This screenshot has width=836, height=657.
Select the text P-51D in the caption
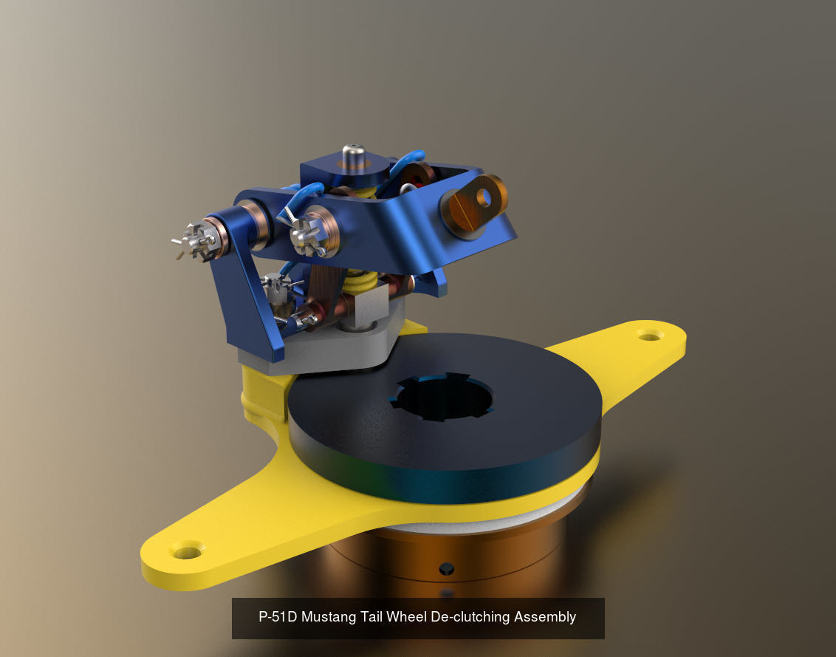[277, 616]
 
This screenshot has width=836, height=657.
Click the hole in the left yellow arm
[185, 550]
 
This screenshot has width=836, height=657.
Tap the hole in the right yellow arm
[650, 336]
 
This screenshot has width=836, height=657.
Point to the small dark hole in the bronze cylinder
[445, 569]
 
